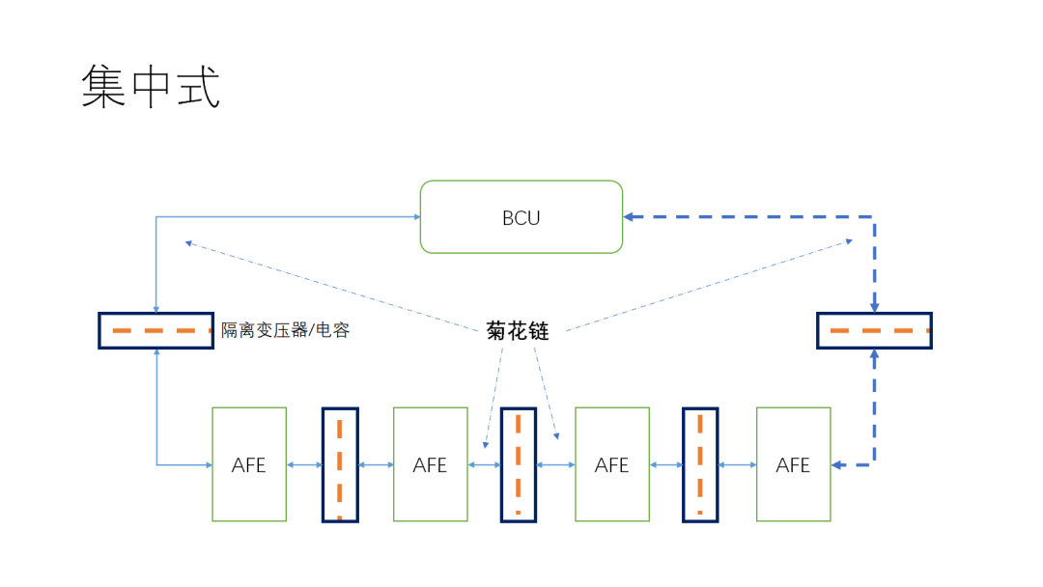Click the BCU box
click(x=521, y=217)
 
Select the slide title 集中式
click(x=151, y=86)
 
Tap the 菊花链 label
click(x=518, y=331)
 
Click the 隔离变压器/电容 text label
click(x=285, y=330)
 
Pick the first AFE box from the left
click(x=249, y=464)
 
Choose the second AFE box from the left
click(x=431, y=464)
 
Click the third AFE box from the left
click(x=611, y=464)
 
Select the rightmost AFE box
click(x=793, y=464)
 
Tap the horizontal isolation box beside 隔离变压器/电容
click(x=155, y=330)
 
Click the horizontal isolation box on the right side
click(x=874, y=330)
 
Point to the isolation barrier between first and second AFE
click(x=340, y=464)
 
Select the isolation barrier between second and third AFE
click(x=519, y=464)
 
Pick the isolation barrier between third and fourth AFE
click(x=700, y=464)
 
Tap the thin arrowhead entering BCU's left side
click(x=415, y=217)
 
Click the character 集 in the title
click(x=103, y=86)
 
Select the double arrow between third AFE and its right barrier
click(x=665, y=464)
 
